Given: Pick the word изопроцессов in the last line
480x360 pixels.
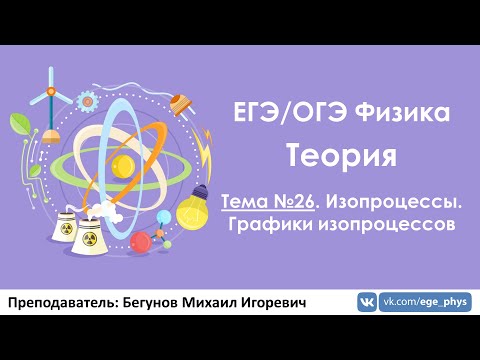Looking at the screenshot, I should pyautogui.click(x=384, y=225).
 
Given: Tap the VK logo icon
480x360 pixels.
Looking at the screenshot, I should pyautogui.click(x=367, y=303).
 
